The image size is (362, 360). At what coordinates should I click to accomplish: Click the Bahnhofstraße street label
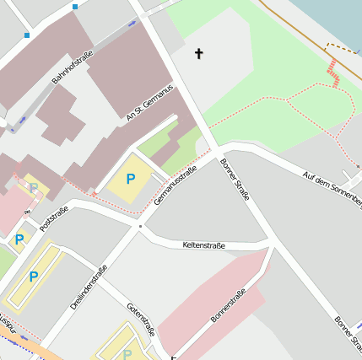coord(73,67)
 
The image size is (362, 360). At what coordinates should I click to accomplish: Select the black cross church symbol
coord(199,54)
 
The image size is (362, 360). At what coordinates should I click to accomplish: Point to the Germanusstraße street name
coord(175,186)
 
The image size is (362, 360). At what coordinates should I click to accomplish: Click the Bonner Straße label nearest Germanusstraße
coord(235,180)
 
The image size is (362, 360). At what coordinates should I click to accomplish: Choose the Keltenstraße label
coord(203,245)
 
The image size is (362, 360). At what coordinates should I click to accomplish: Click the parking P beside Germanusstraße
coord(130,179)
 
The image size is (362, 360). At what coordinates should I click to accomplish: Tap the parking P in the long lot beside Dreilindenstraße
coord(34,277)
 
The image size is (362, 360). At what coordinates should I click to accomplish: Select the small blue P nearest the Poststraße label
coord(19,239)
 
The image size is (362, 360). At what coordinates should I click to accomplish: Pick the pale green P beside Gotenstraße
coord(127,354)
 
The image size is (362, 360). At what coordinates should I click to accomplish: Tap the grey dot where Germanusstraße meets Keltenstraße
coord(140,226)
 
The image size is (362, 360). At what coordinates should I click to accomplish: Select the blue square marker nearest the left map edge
coord(27,35)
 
